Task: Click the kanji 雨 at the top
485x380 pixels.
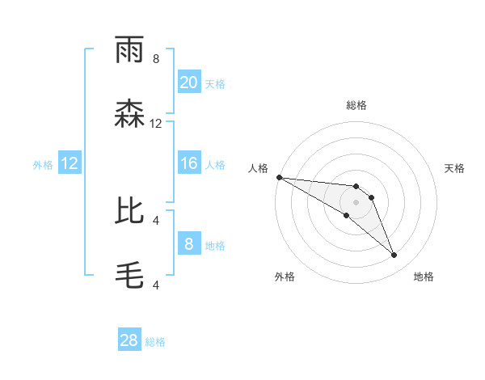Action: click(130, 51)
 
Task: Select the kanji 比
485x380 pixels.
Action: click(130, 212)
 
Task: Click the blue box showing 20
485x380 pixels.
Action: click(188, 82)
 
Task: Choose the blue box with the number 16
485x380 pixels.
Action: click(188, 163)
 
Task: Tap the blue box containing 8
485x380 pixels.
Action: click(188, 243)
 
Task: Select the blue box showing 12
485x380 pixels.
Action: click(69, 163)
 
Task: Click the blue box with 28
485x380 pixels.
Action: click(129, 340)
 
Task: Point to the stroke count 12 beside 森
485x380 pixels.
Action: click(156, 124)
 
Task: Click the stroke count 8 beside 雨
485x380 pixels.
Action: click(156, 58)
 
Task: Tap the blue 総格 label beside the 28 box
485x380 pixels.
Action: click(155, 342)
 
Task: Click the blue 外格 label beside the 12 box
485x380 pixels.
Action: click(43, 165)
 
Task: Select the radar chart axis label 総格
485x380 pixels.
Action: click(356, 105)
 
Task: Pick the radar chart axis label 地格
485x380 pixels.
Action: click(424, 277)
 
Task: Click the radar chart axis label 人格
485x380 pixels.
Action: click(259, 168)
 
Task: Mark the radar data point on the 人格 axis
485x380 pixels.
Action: click(279, 177)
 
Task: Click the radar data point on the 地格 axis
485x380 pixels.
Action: click(394, 255)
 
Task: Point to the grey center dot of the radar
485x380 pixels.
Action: click(356, 202)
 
